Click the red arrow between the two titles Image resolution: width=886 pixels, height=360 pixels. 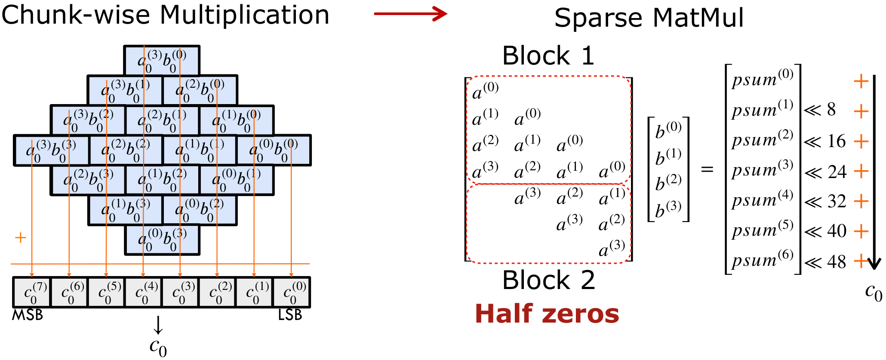pos(410,14)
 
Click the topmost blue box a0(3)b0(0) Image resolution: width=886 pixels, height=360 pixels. pos(162,61)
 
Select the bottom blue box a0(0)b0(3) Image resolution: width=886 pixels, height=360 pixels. pos(162,240)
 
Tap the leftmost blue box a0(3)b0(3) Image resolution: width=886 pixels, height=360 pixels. pos(51,150)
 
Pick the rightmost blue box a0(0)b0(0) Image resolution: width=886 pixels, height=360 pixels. pos(274,150)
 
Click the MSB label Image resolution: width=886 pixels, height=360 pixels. pos(28,315)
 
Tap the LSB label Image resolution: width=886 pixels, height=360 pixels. pos(290,315)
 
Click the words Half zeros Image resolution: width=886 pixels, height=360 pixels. pos(547,314)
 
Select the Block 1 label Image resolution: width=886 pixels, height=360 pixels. pos(548,56)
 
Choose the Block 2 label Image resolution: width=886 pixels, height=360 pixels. pos(548,280)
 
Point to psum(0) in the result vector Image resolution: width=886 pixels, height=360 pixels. pos(762,78)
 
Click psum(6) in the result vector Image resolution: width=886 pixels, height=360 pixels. pos(762,259)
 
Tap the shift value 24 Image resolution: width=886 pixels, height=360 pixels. pos(837,172)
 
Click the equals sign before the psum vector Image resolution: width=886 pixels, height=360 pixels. pos(707,169)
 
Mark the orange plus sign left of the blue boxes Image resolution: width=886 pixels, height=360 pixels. pos(20,238)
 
